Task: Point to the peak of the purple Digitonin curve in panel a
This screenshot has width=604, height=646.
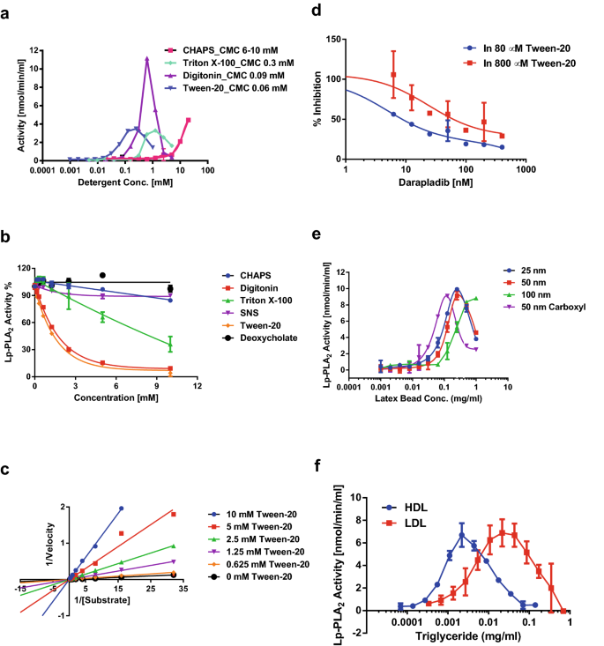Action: [146, 59]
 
